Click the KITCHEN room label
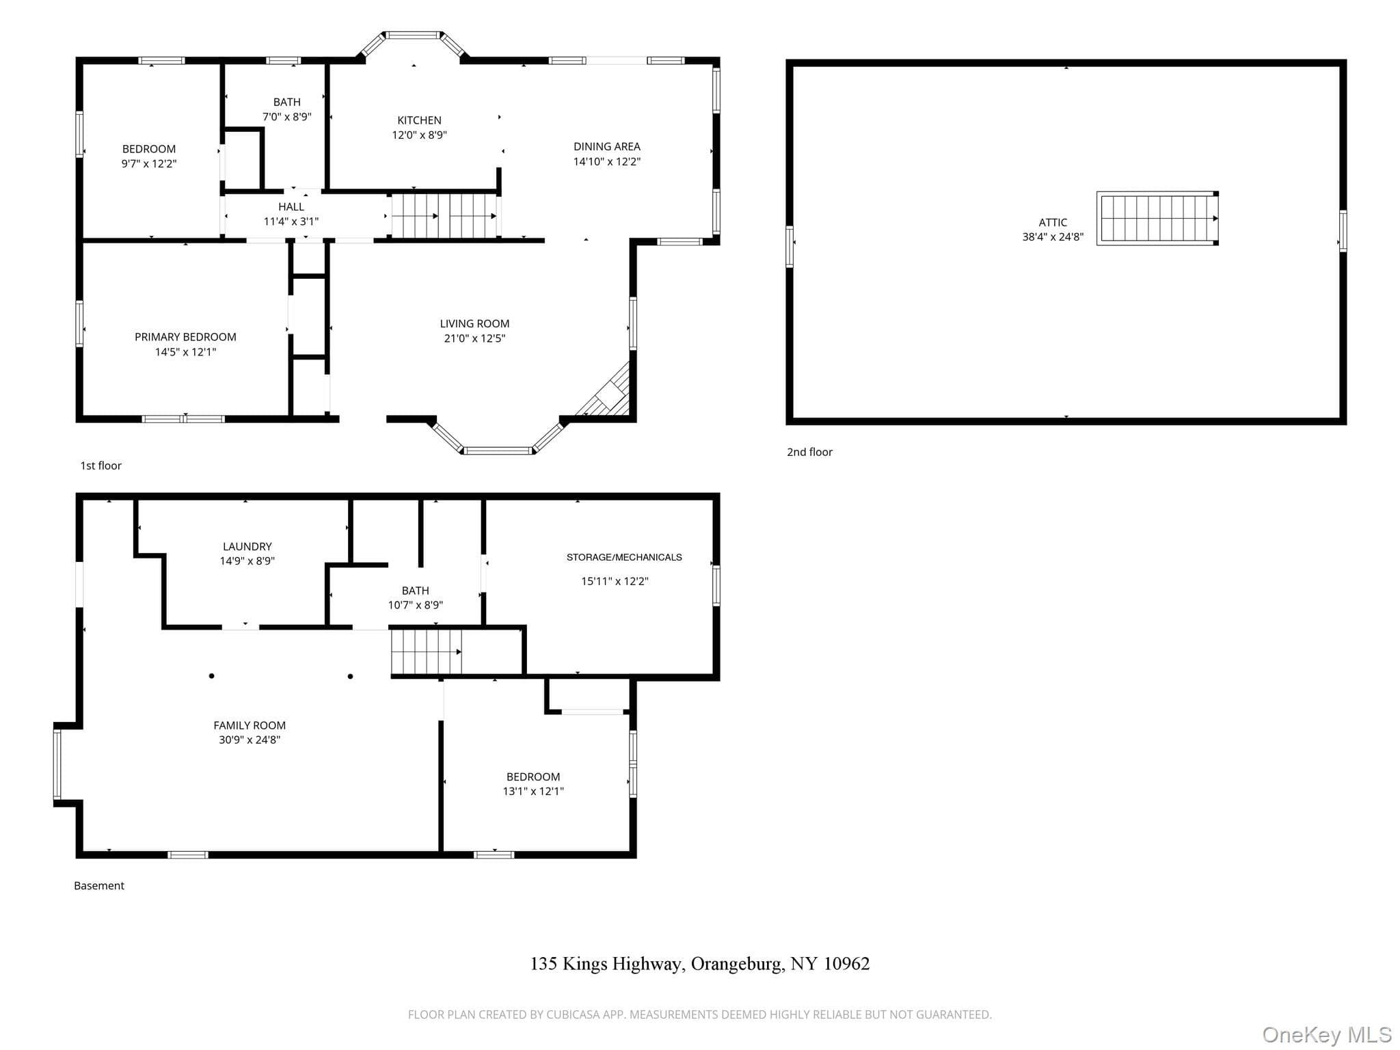pyautogui.click(x=419, y=120)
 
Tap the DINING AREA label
pyautogui.click(x=606, y=146)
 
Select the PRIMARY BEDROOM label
pyautogui.click(x=185, y=337)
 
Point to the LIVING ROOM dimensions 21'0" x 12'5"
pyautogui.click(x=474, y=338)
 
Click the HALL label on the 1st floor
pyautogui.click(x=291, y=206)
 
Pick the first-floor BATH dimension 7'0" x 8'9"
pyautogui.click(x=287, y=117)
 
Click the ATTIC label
pyautogui.click(x=1053, y=222)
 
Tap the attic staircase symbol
pyautogui.click(x=1157, y=218)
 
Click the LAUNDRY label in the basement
pyautogui.click(x=247, y=546)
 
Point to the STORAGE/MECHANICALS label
pyautogui.click(x=624, y=557)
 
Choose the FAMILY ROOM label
pyautogui.click(x=250, y=725)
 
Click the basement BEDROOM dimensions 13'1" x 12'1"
pyautogui.click(x=533, y=792)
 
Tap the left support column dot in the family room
pyautogui.click(x=212, y=676)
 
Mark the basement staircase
pyautogui.click(x=427, y=651)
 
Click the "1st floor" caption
pyautogui.click(x=101, y=466)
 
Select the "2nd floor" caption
pyautogui.click(x=809, y=452)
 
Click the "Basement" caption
pyautogui.click(x=99, y=886)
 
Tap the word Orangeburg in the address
pyautogui.click(x=736, y=964)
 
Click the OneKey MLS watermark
pyautogui.click(x=1327, y=1035)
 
